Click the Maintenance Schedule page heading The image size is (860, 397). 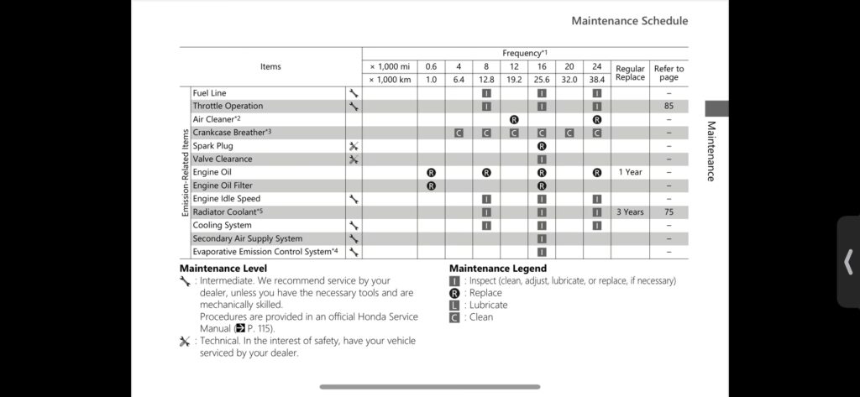click(x=629, y=21)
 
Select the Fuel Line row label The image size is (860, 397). click(x=209, y=93)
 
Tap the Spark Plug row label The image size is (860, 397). click(x=212, y=146)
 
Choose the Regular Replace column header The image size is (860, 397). click(x=630, y=73)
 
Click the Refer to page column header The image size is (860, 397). click(x=669, y=73)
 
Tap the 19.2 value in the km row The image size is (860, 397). click(x=514, y=80)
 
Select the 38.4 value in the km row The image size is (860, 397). click(x=596, y=80)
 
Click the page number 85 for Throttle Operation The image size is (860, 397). click(x=669, y=107)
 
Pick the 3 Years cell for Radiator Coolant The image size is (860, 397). click(x=630, y=212)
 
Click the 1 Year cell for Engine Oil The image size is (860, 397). click(x=630, y=172)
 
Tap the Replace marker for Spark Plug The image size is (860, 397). click(x=542, y=146)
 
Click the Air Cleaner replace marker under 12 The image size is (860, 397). click(x=514, y=119)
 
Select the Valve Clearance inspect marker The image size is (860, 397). click(x=542, y=159)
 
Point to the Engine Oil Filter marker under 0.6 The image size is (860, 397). click(x=431, y=185)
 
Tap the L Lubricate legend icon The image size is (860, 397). click(x=454, y=305)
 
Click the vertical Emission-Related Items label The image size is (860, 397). click(x=186, y=172)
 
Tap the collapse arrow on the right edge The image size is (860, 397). click(x=848, y=262)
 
